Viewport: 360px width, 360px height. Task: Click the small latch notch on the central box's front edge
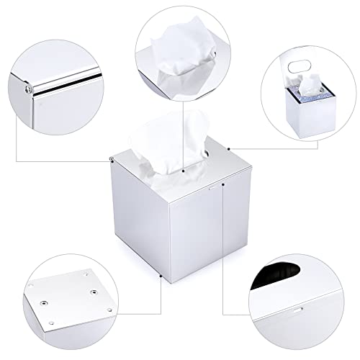click(x=210, y=185)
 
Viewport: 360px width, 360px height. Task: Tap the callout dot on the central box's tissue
click(x=185, y=172)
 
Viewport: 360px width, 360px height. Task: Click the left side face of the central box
click(x=130, y=216)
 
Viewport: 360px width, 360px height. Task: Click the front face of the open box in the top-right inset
click(x=305, y=119)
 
